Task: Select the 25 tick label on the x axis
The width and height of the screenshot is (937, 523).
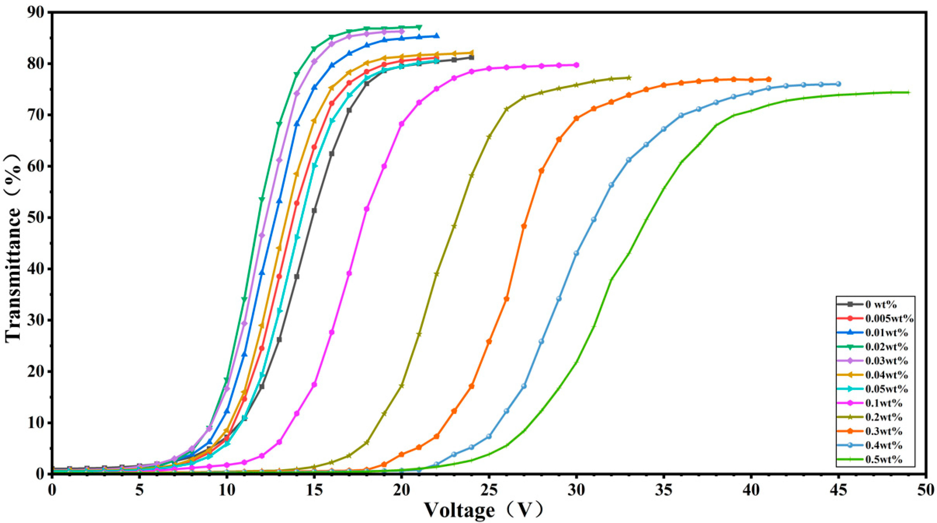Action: pos(489,487)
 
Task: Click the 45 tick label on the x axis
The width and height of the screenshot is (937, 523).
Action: pos(838,487)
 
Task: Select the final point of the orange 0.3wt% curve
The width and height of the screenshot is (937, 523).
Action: pos(768,79)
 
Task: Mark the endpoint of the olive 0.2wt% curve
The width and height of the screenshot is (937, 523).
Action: pos(629,78)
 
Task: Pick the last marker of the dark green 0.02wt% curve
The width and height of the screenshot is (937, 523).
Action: pos(419,27)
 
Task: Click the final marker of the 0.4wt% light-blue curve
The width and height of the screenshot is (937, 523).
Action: pos(838,84)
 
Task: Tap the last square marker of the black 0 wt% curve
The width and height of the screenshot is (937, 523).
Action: pos(471,58)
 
